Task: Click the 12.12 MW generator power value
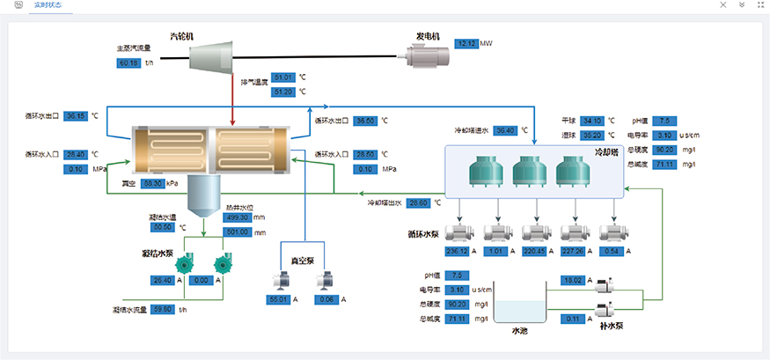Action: click(466, 42)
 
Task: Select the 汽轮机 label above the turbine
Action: click(182, 36)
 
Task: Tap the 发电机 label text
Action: click(428, 36)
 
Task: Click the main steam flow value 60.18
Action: click(128, 62)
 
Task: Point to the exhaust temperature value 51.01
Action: click(283, 77)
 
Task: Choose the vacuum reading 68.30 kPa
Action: click(153, 183)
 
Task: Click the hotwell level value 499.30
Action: click(238, 217)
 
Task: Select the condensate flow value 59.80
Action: click(164, 310)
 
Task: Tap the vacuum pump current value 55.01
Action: click(278, 299)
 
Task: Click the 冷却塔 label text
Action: click(608, 151)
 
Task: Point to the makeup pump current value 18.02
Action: click(573, 280)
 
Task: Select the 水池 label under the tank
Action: click(519, 332)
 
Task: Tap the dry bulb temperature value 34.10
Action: click(591, 121)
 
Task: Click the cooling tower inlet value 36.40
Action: click(505, 130)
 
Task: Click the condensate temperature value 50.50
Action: click(163, 227)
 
